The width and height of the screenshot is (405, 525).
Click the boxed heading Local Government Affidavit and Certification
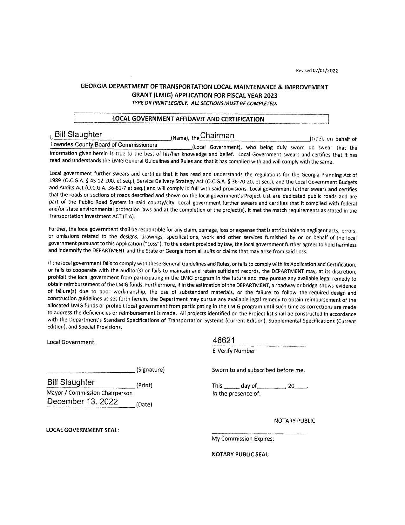pos(188,119)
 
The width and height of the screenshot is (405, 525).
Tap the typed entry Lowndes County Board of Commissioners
pos(104,145)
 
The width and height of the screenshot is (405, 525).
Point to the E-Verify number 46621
pos(224,341)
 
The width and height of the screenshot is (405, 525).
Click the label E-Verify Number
pos(233,351)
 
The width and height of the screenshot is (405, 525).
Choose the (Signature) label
pos(150,370)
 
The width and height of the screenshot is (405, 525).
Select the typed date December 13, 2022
pos(82,402)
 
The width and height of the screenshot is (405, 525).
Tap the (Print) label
pos(144,385)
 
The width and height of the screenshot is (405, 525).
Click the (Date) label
pos(144,405)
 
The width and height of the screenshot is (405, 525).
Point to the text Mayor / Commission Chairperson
pos(90,393)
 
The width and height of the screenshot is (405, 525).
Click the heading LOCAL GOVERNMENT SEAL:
pos(83,430)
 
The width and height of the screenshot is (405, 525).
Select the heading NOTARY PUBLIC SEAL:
pos(240,454)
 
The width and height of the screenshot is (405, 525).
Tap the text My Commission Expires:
pos(243,439)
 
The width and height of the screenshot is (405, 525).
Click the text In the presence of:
pos(236,394)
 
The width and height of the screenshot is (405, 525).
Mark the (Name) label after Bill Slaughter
pos(180,138)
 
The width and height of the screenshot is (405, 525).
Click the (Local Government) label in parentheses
pos(216,147)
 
